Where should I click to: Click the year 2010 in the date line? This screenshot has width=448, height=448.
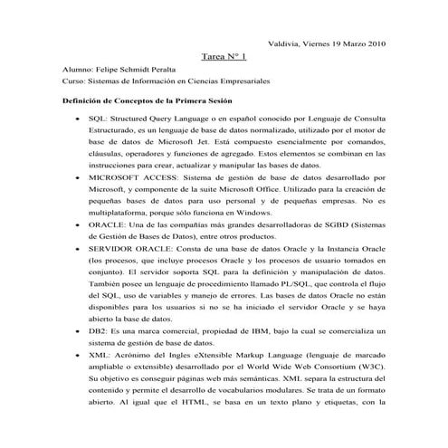[376, 43]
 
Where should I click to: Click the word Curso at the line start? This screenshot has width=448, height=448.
[73, 81]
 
